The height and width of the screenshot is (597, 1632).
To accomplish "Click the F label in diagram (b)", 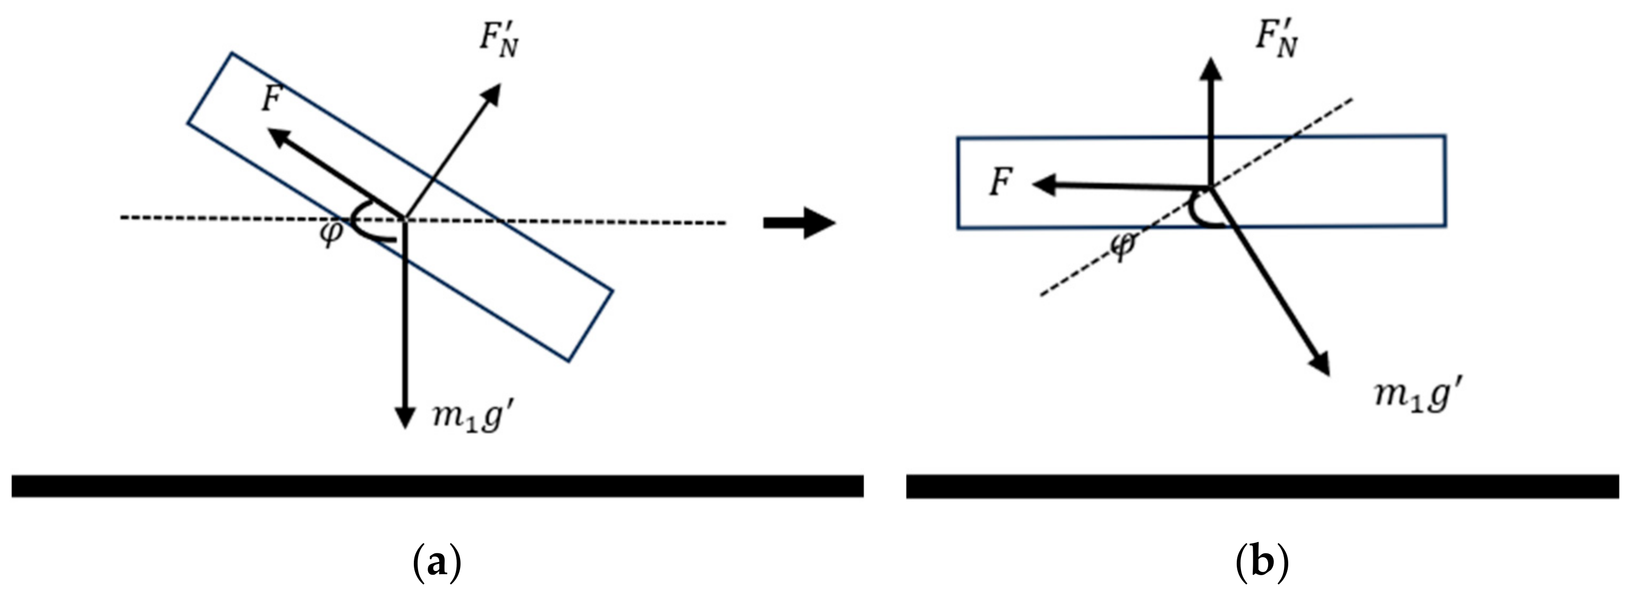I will click(x=1000, y=183).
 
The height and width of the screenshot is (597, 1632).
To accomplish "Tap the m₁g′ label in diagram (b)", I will click(x=1419, y=396).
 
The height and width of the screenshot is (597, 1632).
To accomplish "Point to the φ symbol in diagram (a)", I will click(x=331, y=234).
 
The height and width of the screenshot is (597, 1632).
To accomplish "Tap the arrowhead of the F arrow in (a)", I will click(x=277, y=135).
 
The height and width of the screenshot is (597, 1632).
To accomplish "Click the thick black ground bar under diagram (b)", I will click(x=1262, y=486).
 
